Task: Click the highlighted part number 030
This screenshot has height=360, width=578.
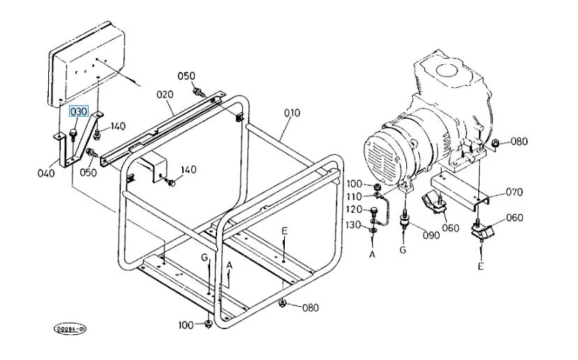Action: pos(79,112)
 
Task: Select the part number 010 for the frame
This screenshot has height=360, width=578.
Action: pos(292,113)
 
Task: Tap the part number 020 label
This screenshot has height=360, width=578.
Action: pos(165,95)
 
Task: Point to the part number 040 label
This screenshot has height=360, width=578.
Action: pos(46,173)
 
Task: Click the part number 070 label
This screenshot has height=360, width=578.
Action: pos(514,192)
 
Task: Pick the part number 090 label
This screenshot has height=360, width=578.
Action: pos(431,235)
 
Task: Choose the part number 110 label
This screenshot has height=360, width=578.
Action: pos(354,197)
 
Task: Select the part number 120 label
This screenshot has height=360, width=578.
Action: pos(354,210)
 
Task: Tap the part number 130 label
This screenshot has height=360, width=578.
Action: pos(353,225)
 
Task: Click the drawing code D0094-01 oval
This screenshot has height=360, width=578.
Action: pos(70,329)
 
